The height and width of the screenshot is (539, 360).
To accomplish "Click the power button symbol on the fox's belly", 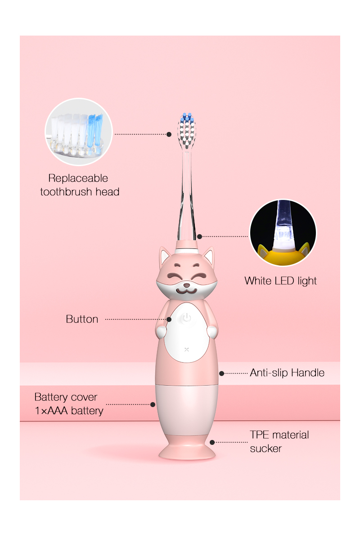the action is (187, 317).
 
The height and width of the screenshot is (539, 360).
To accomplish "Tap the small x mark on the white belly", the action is (187, 349).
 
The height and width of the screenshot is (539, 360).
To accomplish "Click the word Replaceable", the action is (78, 178).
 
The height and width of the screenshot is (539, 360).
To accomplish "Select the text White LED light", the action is (280, 281).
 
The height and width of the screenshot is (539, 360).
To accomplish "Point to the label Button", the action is (82, 319).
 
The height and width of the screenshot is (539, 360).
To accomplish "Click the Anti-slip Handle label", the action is (287, 373).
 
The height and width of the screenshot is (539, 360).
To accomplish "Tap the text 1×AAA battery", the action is (69, 410).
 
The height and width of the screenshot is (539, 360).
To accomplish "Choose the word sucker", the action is (265, 448).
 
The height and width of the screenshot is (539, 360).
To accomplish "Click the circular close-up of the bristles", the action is (79, 132).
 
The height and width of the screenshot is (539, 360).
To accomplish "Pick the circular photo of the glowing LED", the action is (283, 233).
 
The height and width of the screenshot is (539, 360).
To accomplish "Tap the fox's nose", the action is (186, 285).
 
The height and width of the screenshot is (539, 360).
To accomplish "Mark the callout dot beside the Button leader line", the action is (169, 319).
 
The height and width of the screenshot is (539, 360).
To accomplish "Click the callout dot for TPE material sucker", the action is (212, 442).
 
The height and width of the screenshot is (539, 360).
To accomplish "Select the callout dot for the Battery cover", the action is (153, 405).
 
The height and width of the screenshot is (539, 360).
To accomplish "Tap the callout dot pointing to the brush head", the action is (169, 134).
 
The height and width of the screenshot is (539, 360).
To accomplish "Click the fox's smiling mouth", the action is (186, 291).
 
